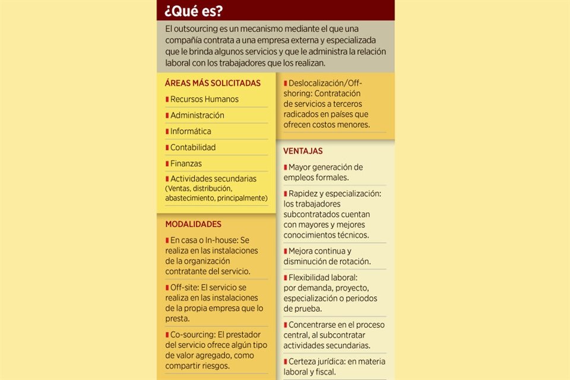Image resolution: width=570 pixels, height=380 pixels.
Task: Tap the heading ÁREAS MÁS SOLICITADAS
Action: (x=213, y=83)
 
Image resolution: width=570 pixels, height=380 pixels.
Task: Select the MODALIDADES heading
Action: (x=193, y=224)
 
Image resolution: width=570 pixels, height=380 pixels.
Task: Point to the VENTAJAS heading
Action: (x=303, y=151)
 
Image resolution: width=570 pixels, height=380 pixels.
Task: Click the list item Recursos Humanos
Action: (x=204, y=99)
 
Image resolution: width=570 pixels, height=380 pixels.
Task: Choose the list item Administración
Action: (x=197, y=115)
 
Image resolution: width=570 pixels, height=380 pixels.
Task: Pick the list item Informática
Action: (x=191, y=131)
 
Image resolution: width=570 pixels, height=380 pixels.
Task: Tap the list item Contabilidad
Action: (x=193, y=147)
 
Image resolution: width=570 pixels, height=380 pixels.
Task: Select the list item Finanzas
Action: (x=186, y=163)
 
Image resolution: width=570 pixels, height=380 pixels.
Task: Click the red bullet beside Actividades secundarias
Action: (x=167, y=179)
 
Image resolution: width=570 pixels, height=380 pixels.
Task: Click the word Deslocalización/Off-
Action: (x=325, y=83)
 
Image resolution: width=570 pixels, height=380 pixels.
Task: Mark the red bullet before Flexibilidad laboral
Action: (x=285, y=277)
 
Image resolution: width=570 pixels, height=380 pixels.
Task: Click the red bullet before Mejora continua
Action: (x=285, y=251)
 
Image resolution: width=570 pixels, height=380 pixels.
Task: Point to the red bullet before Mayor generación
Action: (x=285, y=167)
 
